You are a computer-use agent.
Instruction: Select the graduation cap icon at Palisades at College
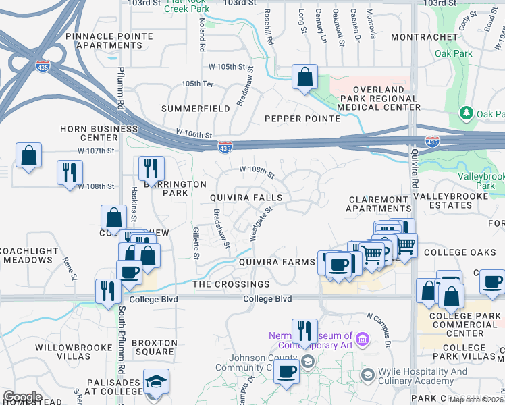tap(156, 382)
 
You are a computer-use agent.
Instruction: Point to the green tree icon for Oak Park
tap(465, 113)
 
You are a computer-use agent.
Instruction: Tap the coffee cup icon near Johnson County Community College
tap(287, 371)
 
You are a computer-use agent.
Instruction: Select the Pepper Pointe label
tap(302, 119)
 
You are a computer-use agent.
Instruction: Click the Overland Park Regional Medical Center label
tap(378, 99)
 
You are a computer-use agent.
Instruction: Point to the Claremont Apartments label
tap(378, 205)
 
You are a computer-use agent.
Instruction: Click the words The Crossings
tap(231, 284)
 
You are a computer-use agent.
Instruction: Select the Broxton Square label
tap(154, 347)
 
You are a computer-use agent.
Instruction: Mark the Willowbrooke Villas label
tap(62, 351)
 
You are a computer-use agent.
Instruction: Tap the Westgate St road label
tap(261, 223)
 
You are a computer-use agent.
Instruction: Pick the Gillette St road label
tap(196, 243)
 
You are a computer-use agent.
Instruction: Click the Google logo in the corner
tap(22, 397)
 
